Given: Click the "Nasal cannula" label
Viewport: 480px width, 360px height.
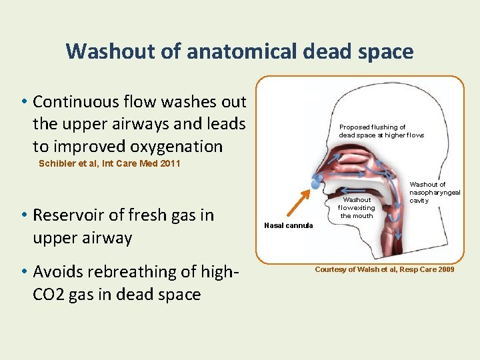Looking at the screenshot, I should coord(288,225).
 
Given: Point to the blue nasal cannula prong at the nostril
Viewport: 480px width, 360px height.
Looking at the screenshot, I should coord(315,184).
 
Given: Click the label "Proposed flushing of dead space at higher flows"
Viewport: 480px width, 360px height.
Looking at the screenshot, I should coord(381,131).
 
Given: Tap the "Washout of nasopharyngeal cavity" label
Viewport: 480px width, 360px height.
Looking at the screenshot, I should coord(434,192).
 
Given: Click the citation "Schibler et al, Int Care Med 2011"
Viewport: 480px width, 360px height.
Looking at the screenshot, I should coord(109,163).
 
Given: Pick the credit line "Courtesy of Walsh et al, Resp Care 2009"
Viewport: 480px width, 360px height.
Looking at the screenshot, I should coord(384,269).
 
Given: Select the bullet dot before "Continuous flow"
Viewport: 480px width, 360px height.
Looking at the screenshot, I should coord(23,102).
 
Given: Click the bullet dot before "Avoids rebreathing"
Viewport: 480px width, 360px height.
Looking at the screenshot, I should coord(23,272).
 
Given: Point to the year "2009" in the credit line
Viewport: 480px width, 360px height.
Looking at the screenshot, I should coord(446,269).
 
